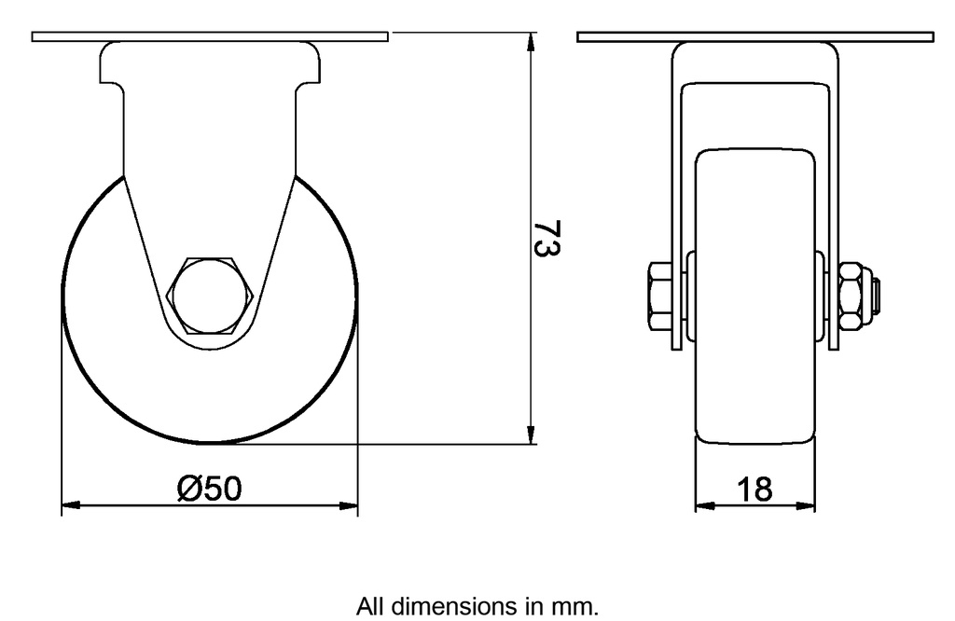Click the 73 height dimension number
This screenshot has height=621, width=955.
[x=549, y=239]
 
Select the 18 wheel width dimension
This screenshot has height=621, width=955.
[x=754, y=489]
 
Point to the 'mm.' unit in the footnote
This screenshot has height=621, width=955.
[x=580, y=606]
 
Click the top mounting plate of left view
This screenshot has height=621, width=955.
[x=209, y=37]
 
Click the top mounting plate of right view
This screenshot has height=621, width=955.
[x=754, y=37]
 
